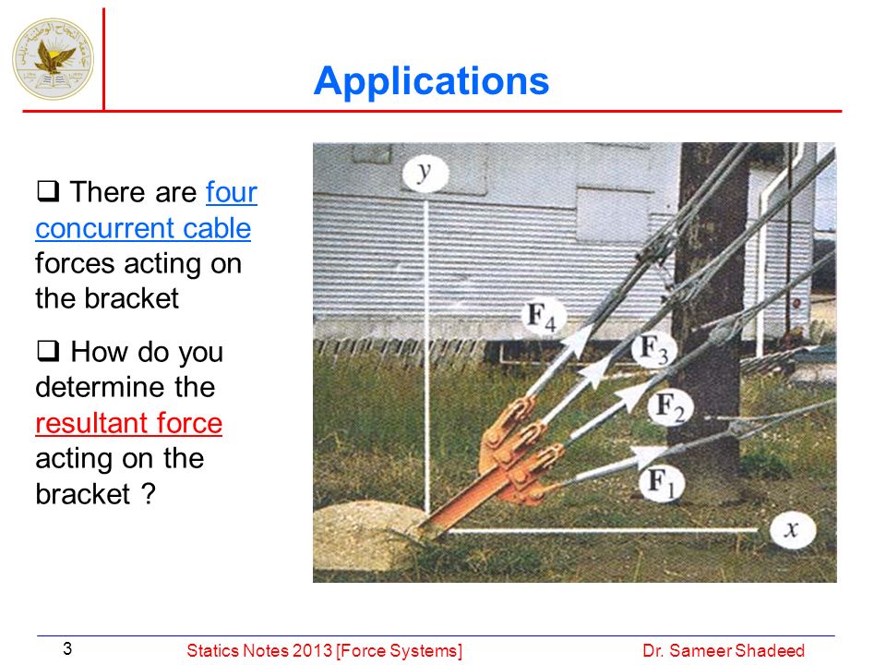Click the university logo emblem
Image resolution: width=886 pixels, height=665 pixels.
(54, 59)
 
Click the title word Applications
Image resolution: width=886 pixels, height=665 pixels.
(431, 81)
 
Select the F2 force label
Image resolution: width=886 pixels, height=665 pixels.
(670, 407)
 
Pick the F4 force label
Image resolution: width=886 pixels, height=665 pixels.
(542, 317)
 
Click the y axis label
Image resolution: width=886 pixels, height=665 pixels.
(425, 173)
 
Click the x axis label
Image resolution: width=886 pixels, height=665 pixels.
(792, 530)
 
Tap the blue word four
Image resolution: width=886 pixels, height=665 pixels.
(232, 192)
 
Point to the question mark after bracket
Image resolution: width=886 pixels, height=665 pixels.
(148, 493)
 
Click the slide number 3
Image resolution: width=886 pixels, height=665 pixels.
(67, 648)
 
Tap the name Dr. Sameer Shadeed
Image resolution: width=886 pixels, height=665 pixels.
(724, 651)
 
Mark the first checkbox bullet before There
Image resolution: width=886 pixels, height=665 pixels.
(48, 191)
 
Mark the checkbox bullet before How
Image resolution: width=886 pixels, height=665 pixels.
(48, 351)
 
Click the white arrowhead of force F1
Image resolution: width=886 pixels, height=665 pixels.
(648, 454)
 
